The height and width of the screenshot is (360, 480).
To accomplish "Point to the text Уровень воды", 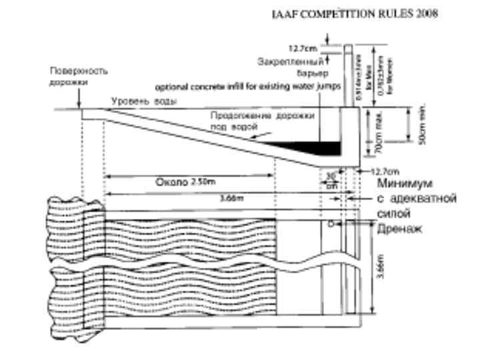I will coord(143,101).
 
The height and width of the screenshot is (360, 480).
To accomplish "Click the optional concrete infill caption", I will coord(248,87).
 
